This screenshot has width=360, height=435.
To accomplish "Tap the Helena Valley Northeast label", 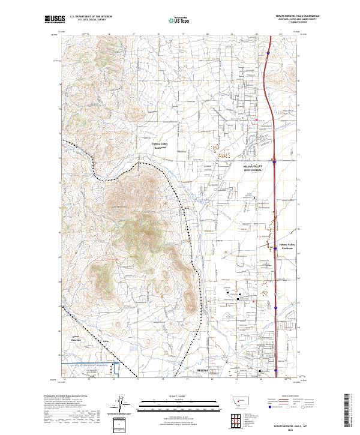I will click(x=287, y=246).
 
